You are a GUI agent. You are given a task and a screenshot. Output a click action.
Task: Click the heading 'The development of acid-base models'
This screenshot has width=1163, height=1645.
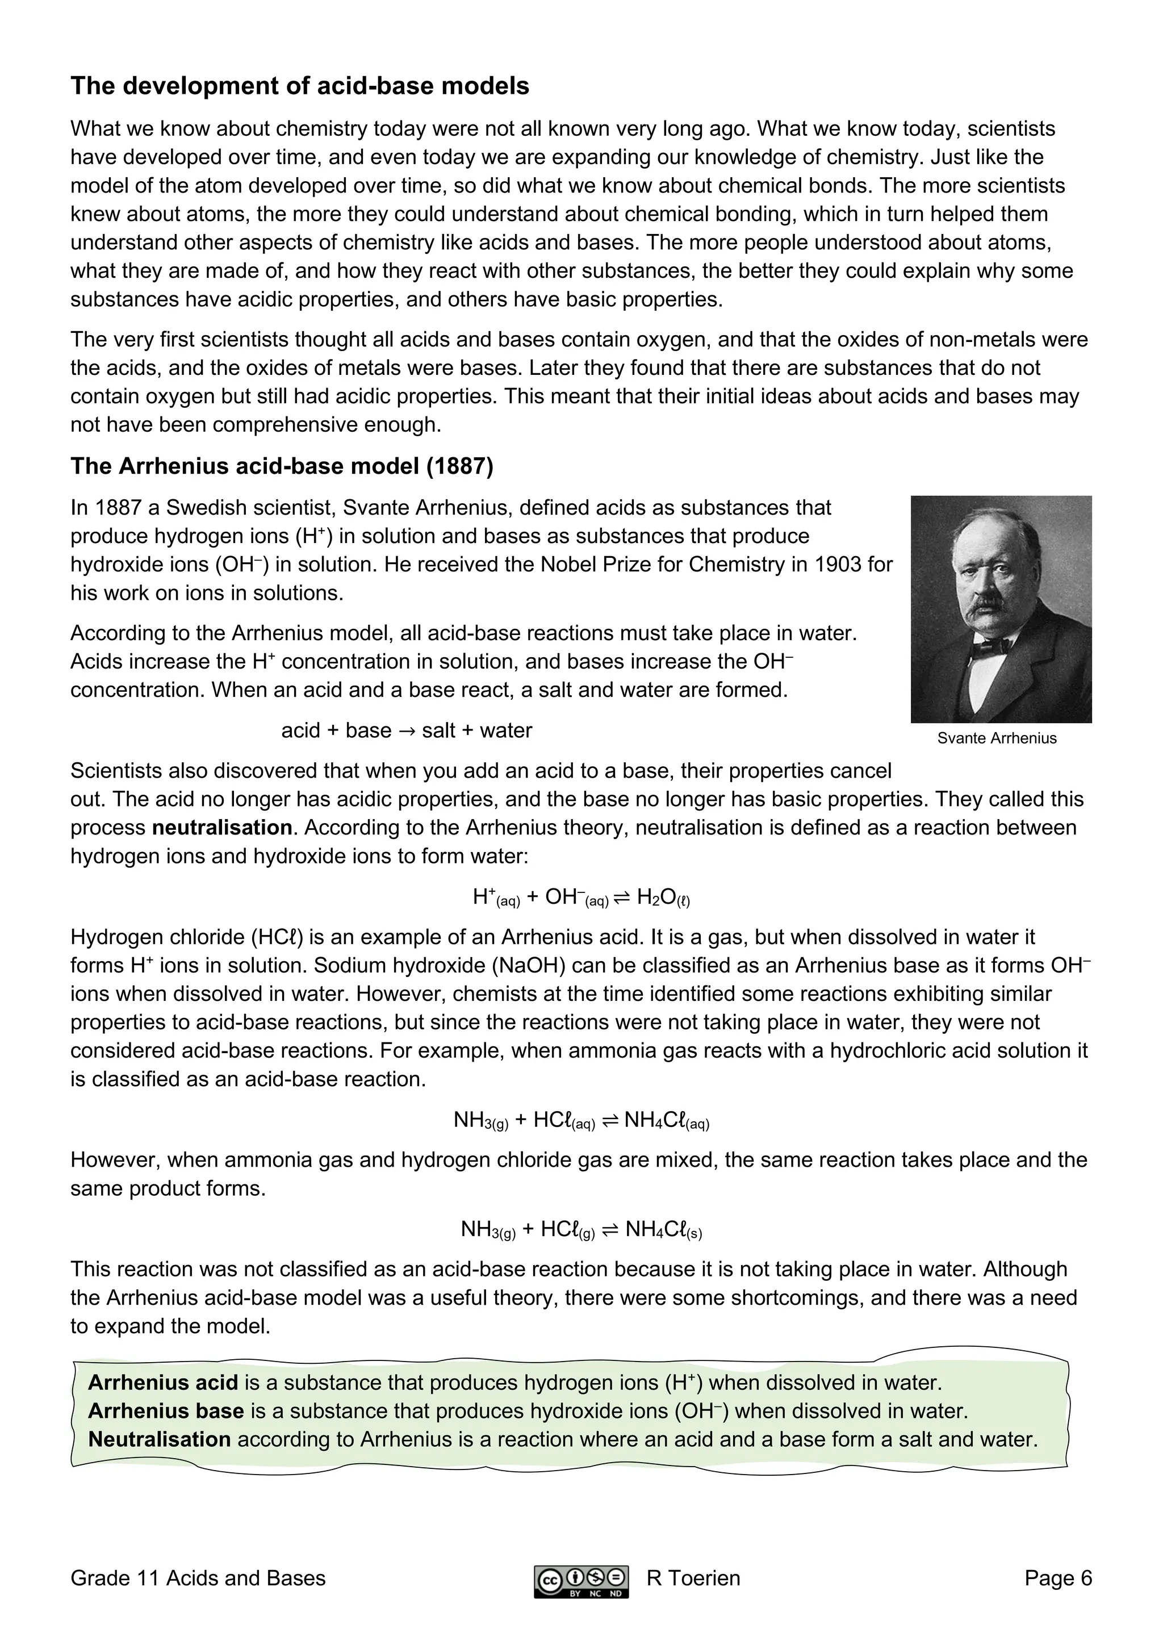coord(299,86)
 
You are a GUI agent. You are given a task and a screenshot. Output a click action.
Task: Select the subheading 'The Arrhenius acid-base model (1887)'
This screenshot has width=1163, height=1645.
coord(282,466)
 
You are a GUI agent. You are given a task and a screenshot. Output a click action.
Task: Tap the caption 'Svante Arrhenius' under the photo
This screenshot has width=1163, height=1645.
coord(996,738)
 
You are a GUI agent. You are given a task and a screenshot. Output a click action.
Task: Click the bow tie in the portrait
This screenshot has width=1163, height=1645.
coord(993,645)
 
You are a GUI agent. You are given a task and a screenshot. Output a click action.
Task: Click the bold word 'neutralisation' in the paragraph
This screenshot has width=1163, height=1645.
coord(222,828)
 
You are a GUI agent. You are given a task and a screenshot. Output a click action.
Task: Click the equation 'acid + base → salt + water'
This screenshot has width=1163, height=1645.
coord(406,731)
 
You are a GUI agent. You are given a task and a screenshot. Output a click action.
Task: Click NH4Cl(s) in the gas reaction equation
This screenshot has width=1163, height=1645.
coord(663,1230)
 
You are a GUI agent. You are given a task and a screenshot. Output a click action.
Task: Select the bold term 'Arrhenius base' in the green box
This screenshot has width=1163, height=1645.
coord(165,1412)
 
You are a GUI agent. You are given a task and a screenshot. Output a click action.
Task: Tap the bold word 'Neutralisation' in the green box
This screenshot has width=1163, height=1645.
coord(159,1439)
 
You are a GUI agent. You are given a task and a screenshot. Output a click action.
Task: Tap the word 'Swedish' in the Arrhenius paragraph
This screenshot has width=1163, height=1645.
coord(203,508)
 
